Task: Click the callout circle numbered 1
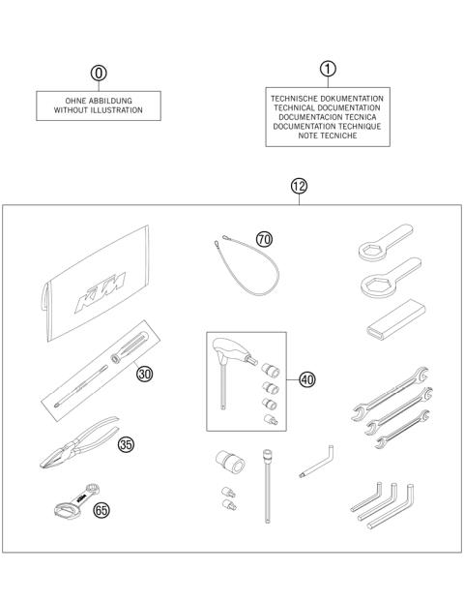coord(328,69)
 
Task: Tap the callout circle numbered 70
coord(264,239)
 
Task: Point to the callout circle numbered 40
coord(307,379)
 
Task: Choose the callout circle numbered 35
coord(126,444)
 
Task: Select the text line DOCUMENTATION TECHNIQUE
coord(328,127)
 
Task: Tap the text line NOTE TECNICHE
coord(328,136)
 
